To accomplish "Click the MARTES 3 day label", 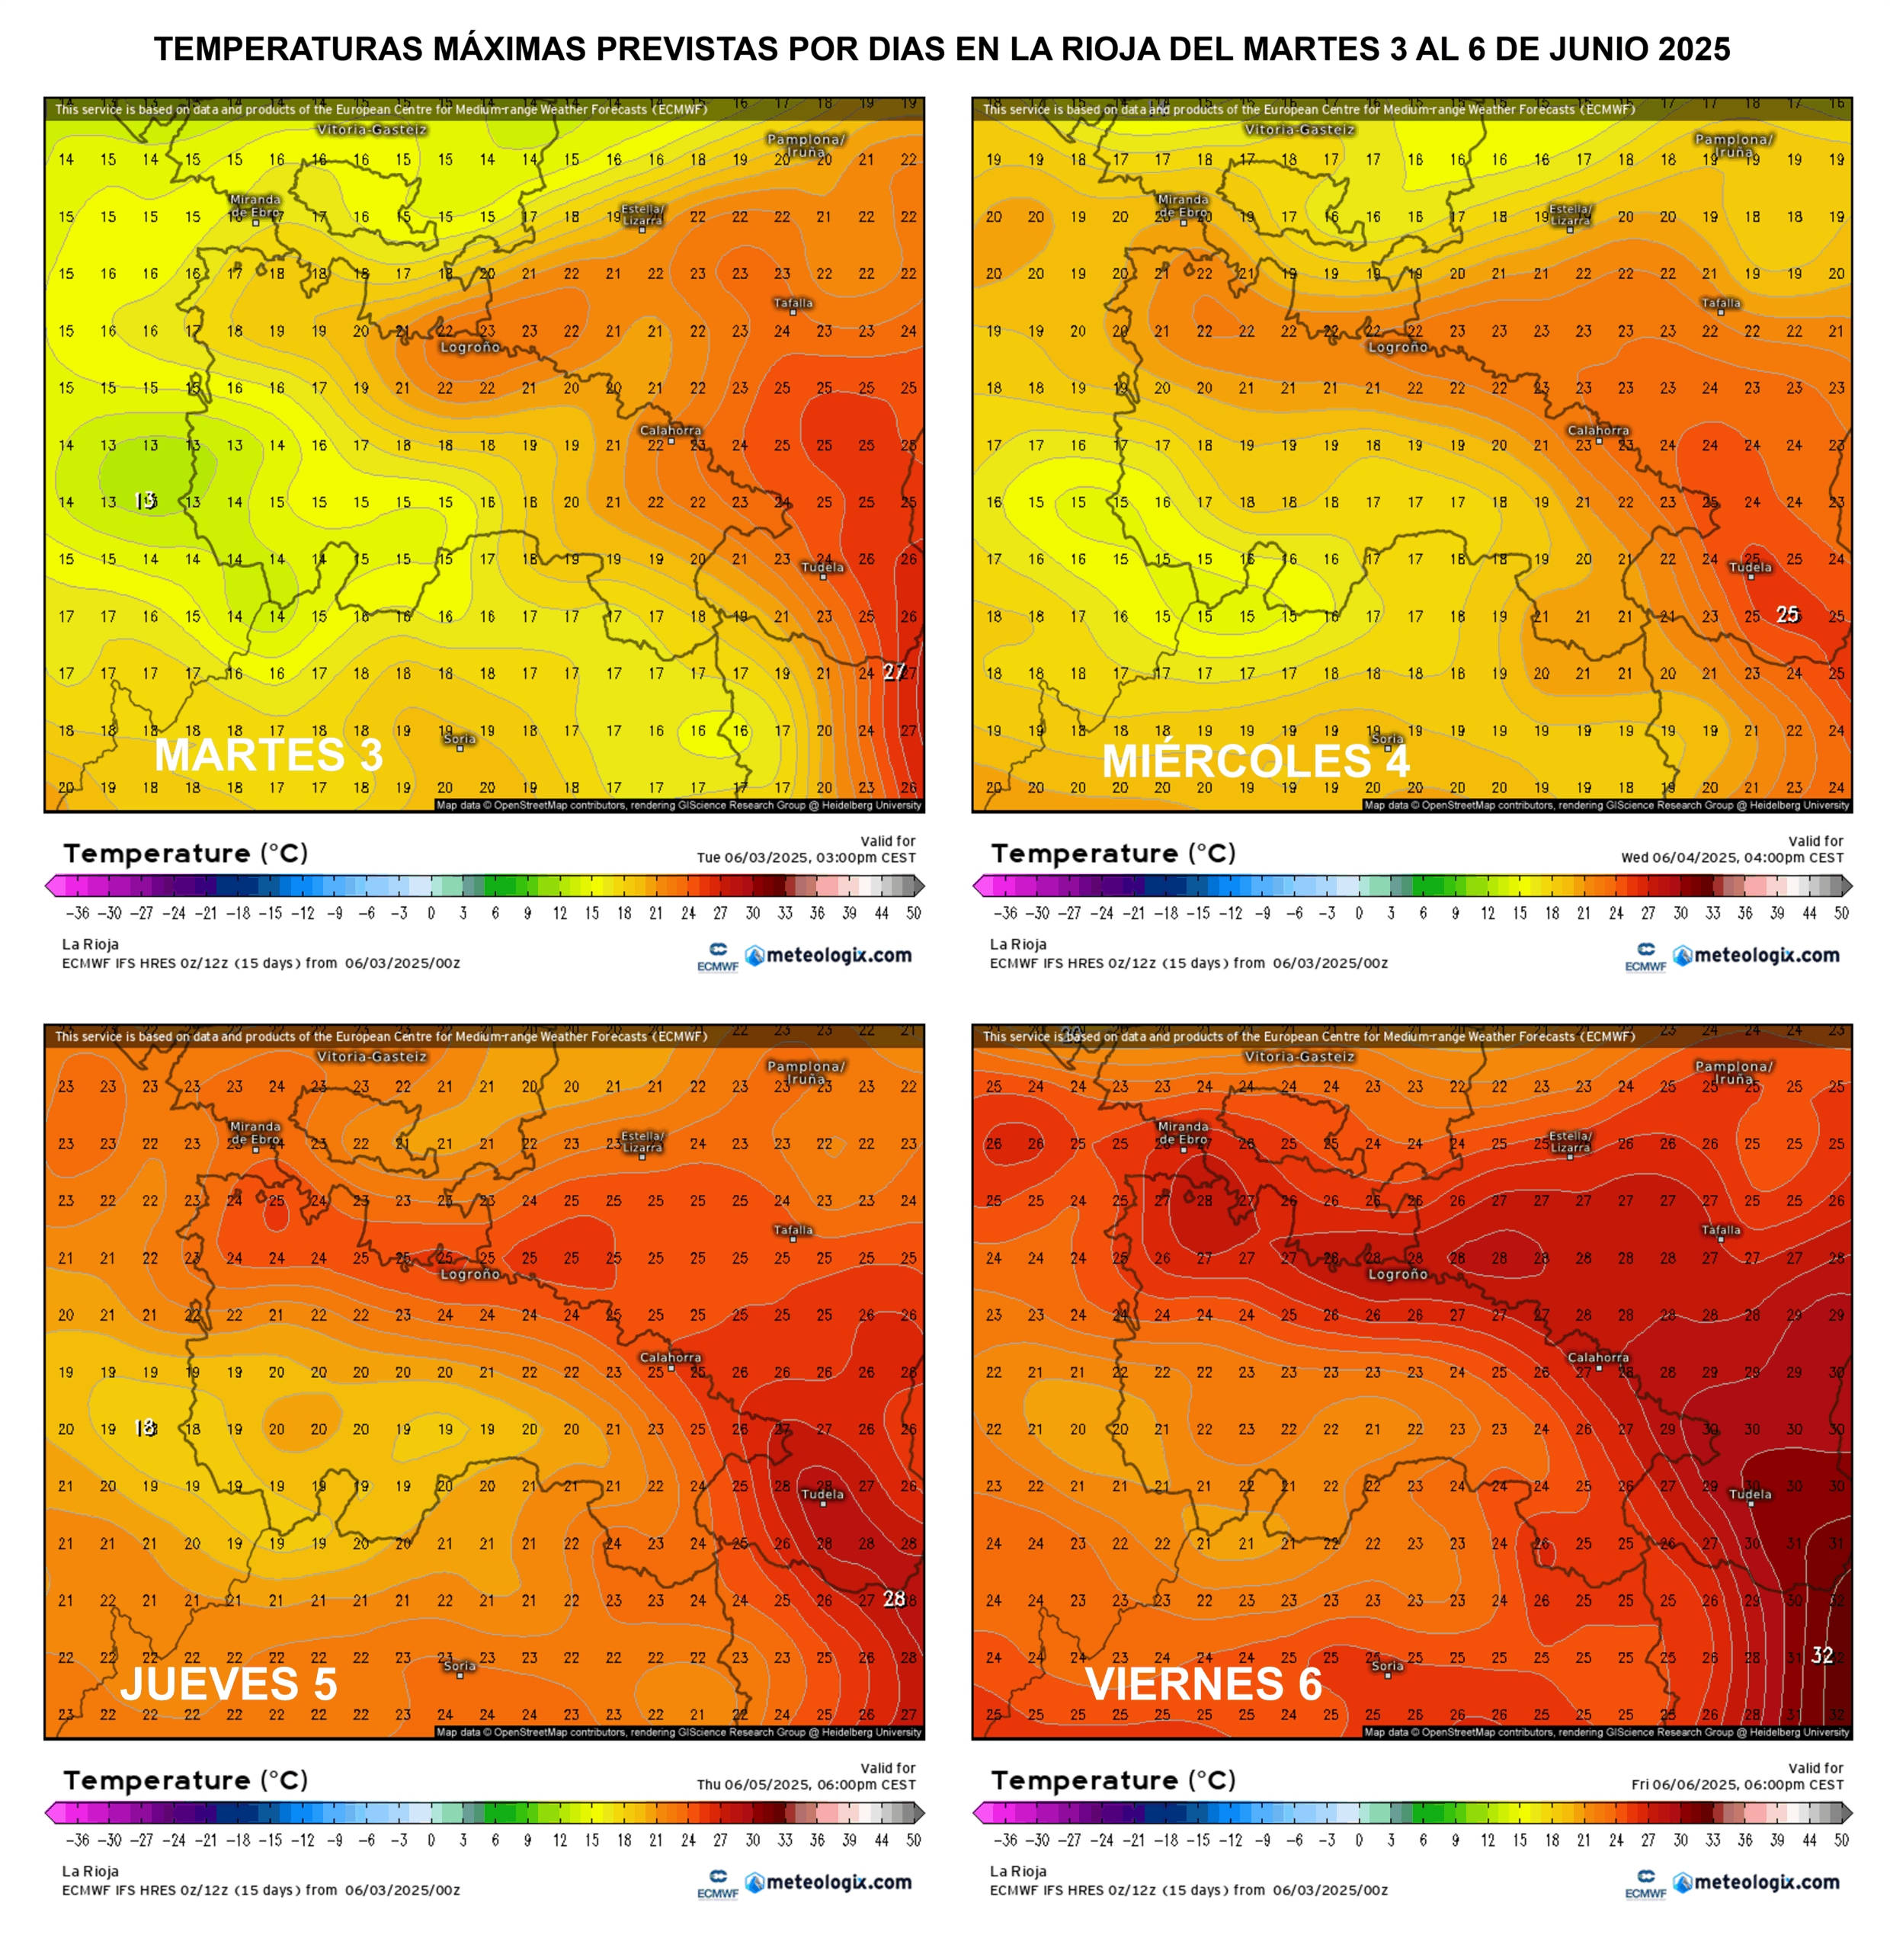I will (269, 754).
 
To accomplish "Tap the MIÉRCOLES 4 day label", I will (1255, 761).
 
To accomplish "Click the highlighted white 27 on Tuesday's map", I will (894, 672).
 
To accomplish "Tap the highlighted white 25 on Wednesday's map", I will (1787, 614).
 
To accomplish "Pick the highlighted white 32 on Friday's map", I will (1821, 1655).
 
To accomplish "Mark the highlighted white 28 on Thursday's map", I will (894, 1599).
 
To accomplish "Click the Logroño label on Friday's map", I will (1398, 1274).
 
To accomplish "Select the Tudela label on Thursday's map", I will (822, 1494).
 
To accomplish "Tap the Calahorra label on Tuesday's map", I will (670, 430).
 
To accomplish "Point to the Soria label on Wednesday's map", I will (1386, 738).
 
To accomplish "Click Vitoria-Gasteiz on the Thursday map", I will (371, 1057).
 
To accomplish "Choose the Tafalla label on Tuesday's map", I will (793, 303).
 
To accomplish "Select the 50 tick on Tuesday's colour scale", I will (914, 913).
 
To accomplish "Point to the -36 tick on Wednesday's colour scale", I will (1005, 913).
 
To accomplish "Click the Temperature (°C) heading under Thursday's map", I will (185, 1780).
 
